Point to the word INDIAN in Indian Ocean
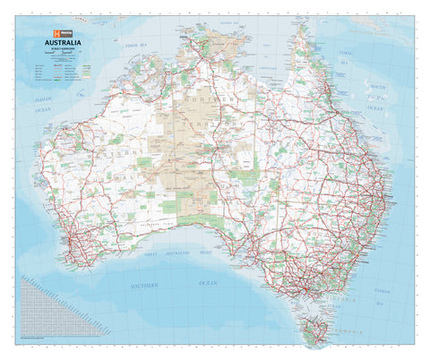[42, 102]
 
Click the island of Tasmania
[314, 332]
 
